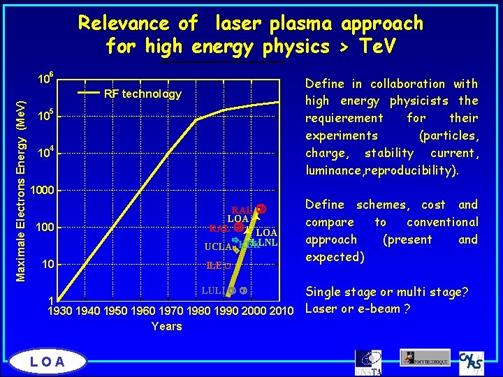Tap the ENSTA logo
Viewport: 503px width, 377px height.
coord(367,360)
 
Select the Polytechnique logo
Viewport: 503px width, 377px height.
coord(425,357)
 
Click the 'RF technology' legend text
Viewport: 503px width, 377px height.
coord(143,94)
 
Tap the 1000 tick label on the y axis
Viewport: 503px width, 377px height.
coord(49,190)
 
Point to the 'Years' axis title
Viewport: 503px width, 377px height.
coord(166,326)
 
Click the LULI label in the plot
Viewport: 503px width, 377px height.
coord(212,290)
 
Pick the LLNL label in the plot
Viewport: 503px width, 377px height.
coord(265,242)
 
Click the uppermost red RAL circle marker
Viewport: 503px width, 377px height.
coord(261,209)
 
